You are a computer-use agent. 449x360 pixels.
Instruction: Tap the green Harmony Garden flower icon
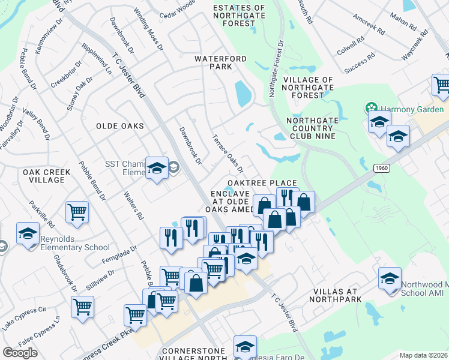372,109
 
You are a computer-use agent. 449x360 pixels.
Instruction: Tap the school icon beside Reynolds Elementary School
28,233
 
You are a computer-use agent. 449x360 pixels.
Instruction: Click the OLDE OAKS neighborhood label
120,126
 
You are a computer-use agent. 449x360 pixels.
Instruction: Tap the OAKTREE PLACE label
262,183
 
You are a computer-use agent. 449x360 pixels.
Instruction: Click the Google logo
20,353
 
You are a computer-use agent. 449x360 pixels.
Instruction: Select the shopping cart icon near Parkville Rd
77,212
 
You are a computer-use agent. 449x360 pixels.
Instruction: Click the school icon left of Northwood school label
390,279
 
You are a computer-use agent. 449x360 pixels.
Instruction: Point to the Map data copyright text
423,355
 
